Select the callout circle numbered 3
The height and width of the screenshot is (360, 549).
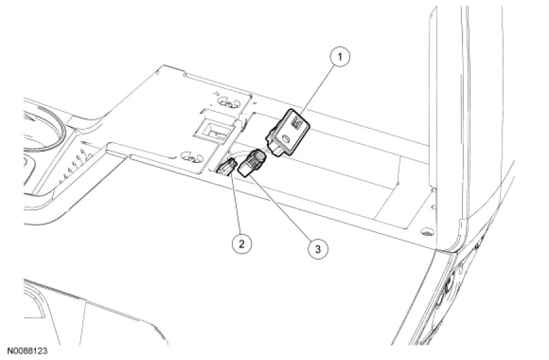(317, 248)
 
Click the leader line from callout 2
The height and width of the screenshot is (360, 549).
(234, 202)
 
